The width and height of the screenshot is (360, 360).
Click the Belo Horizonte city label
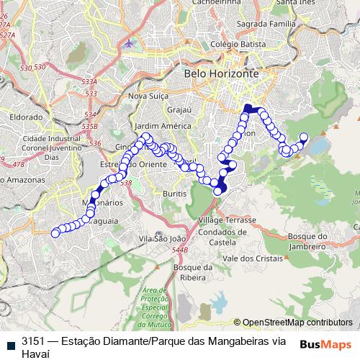pyautogui.click(x=221, y=73)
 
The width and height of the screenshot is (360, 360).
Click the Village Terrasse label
pyautogui.click(x=227, y=219)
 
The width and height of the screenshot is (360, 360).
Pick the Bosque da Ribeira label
pyautogui.click(x=192, y=273)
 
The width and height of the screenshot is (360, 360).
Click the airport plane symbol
pyautogui.click(x=129, y=43)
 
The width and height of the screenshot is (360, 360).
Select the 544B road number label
pyautogui.click(x=179, y=250)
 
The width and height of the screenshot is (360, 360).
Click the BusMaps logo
pyautogui.click(x=326, y=345)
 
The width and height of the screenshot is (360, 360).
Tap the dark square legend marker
pyautogui.click(x=8, y=341)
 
